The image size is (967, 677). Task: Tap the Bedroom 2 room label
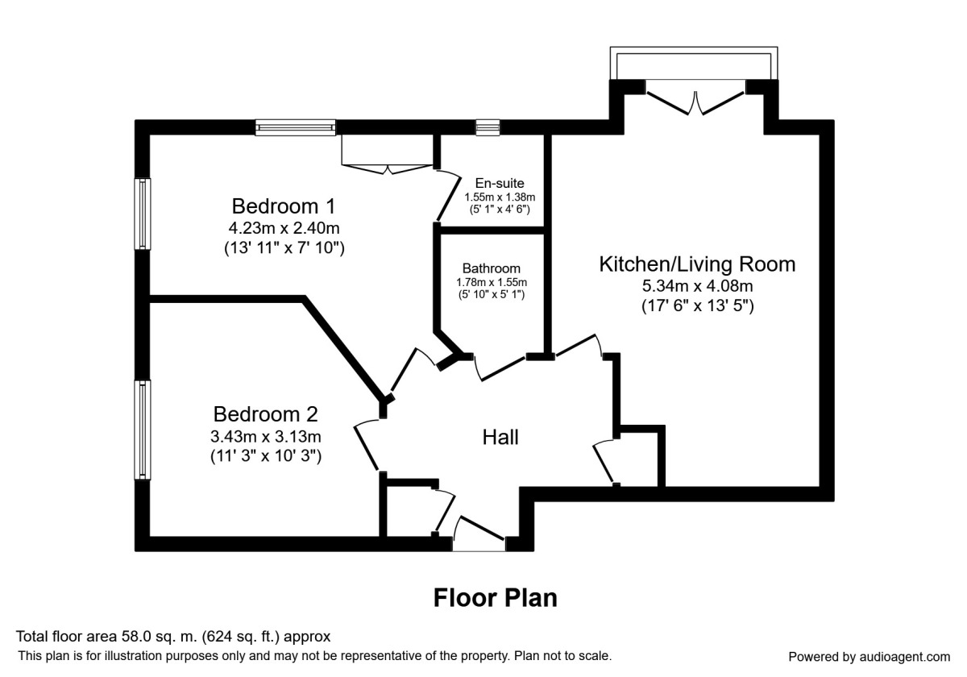click(x=265, y=414)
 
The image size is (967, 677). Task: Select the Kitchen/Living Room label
click(x=696, y=264)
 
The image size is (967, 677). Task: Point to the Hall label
click(x=500, y=438)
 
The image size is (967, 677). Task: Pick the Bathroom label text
click(x=491, y=268)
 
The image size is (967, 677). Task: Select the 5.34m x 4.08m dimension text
click(x=697, y=285)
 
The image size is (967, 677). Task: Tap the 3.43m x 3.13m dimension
click(x=267, y=437)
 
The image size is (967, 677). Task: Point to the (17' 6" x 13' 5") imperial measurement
click(x=697, y=306)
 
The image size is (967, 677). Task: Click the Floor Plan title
click(x=495, y=598)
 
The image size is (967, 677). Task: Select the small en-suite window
click(x=488, y=127)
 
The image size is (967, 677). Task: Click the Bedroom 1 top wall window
click(x=295, y=127)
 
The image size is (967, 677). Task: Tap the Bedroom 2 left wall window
click(x=143, y=430)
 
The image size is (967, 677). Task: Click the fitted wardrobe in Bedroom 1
click(x=388, y=152)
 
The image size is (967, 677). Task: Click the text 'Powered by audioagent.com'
click(x=869, y=656)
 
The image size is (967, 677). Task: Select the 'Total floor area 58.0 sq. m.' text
click(x=173, y=637)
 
